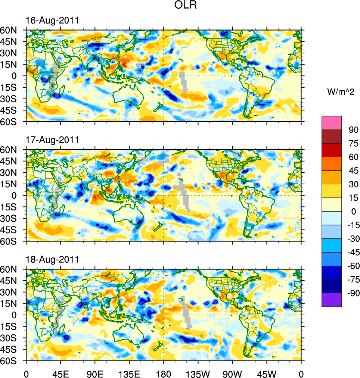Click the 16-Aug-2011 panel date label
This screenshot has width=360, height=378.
pos(52,21)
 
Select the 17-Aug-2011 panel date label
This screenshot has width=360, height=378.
pos(52,140)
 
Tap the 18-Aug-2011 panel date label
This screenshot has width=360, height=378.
pos(52,259)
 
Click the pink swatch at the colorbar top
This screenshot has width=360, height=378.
pos(332,122)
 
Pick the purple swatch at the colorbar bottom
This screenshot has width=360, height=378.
pos(332,300)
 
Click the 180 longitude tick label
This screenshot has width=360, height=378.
pos(164,373)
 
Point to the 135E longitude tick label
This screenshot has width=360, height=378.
pos(129,373)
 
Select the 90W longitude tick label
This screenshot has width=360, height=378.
pos(232,373)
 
